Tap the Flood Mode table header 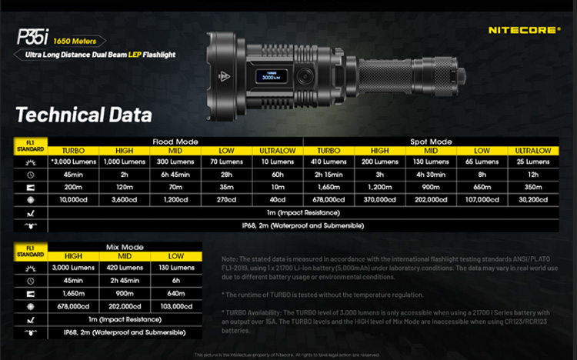pos(176,142)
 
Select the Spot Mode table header pos(431,142)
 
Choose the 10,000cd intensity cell pos(73,198)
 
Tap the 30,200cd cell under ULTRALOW pos(532,198)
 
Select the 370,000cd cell pos(380,198)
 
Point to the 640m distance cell pos(175,293)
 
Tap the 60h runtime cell pos(278,174)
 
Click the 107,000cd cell pos(482,198)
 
